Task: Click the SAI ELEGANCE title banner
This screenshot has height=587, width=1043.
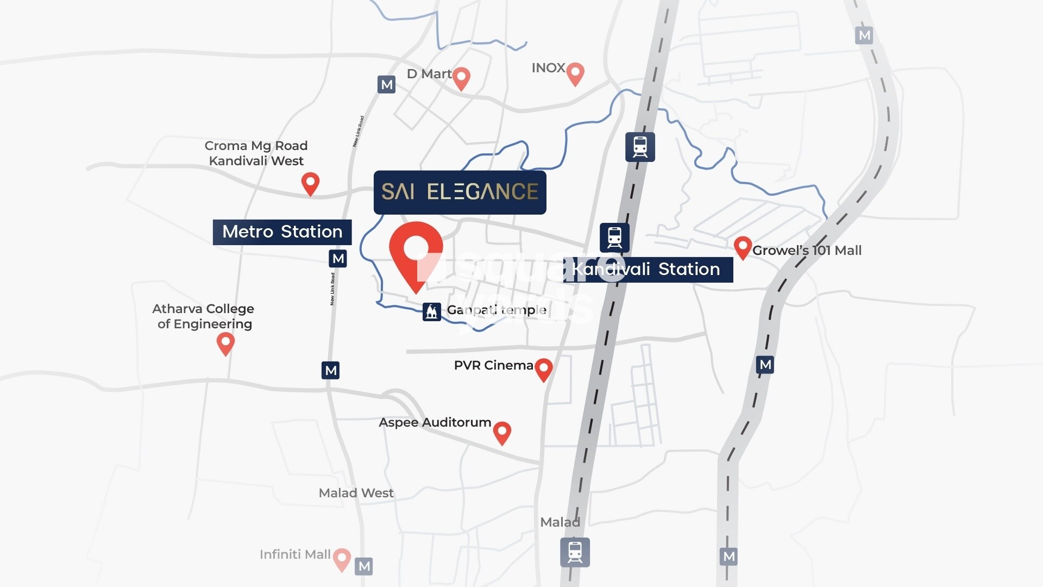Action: point(460,192)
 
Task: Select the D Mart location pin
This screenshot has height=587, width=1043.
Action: point(461,78)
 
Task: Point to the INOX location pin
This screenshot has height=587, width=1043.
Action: point(575,73)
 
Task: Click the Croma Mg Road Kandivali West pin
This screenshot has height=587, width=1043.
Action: point(310,183)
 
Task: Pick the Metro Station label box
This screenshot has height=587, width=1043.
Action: point(282,232)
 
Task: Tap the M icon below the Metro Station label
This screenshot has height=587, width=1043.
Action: point(338,259)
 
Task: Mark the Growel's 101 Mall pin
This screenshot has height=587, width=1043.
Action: point(742,247)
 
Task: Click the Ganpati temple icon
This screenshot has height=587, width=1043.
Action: point(431,311)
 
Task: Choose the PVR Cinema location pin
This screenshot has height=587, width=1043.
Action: point(543,369)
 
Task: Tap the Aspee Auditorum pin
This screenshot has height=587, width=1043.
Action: point(502,433)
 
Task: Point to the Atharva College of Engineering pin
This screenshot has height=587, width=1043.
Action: point(225,343)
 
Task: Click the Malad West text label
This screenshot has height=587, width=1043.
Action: point(356,493)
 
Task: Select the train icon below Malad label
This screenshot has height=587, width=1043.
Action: point(575,552)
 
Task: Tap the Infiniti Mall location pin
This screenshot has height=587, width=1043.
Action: point(342,558)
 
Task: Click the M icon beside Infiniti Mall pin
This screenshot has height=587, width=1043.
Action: point(364,566)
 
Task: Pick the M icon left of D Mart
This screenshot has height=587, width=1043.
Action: point(386,84)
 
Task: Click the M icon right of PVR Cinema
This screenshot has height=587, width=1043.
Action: point(765,365)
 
